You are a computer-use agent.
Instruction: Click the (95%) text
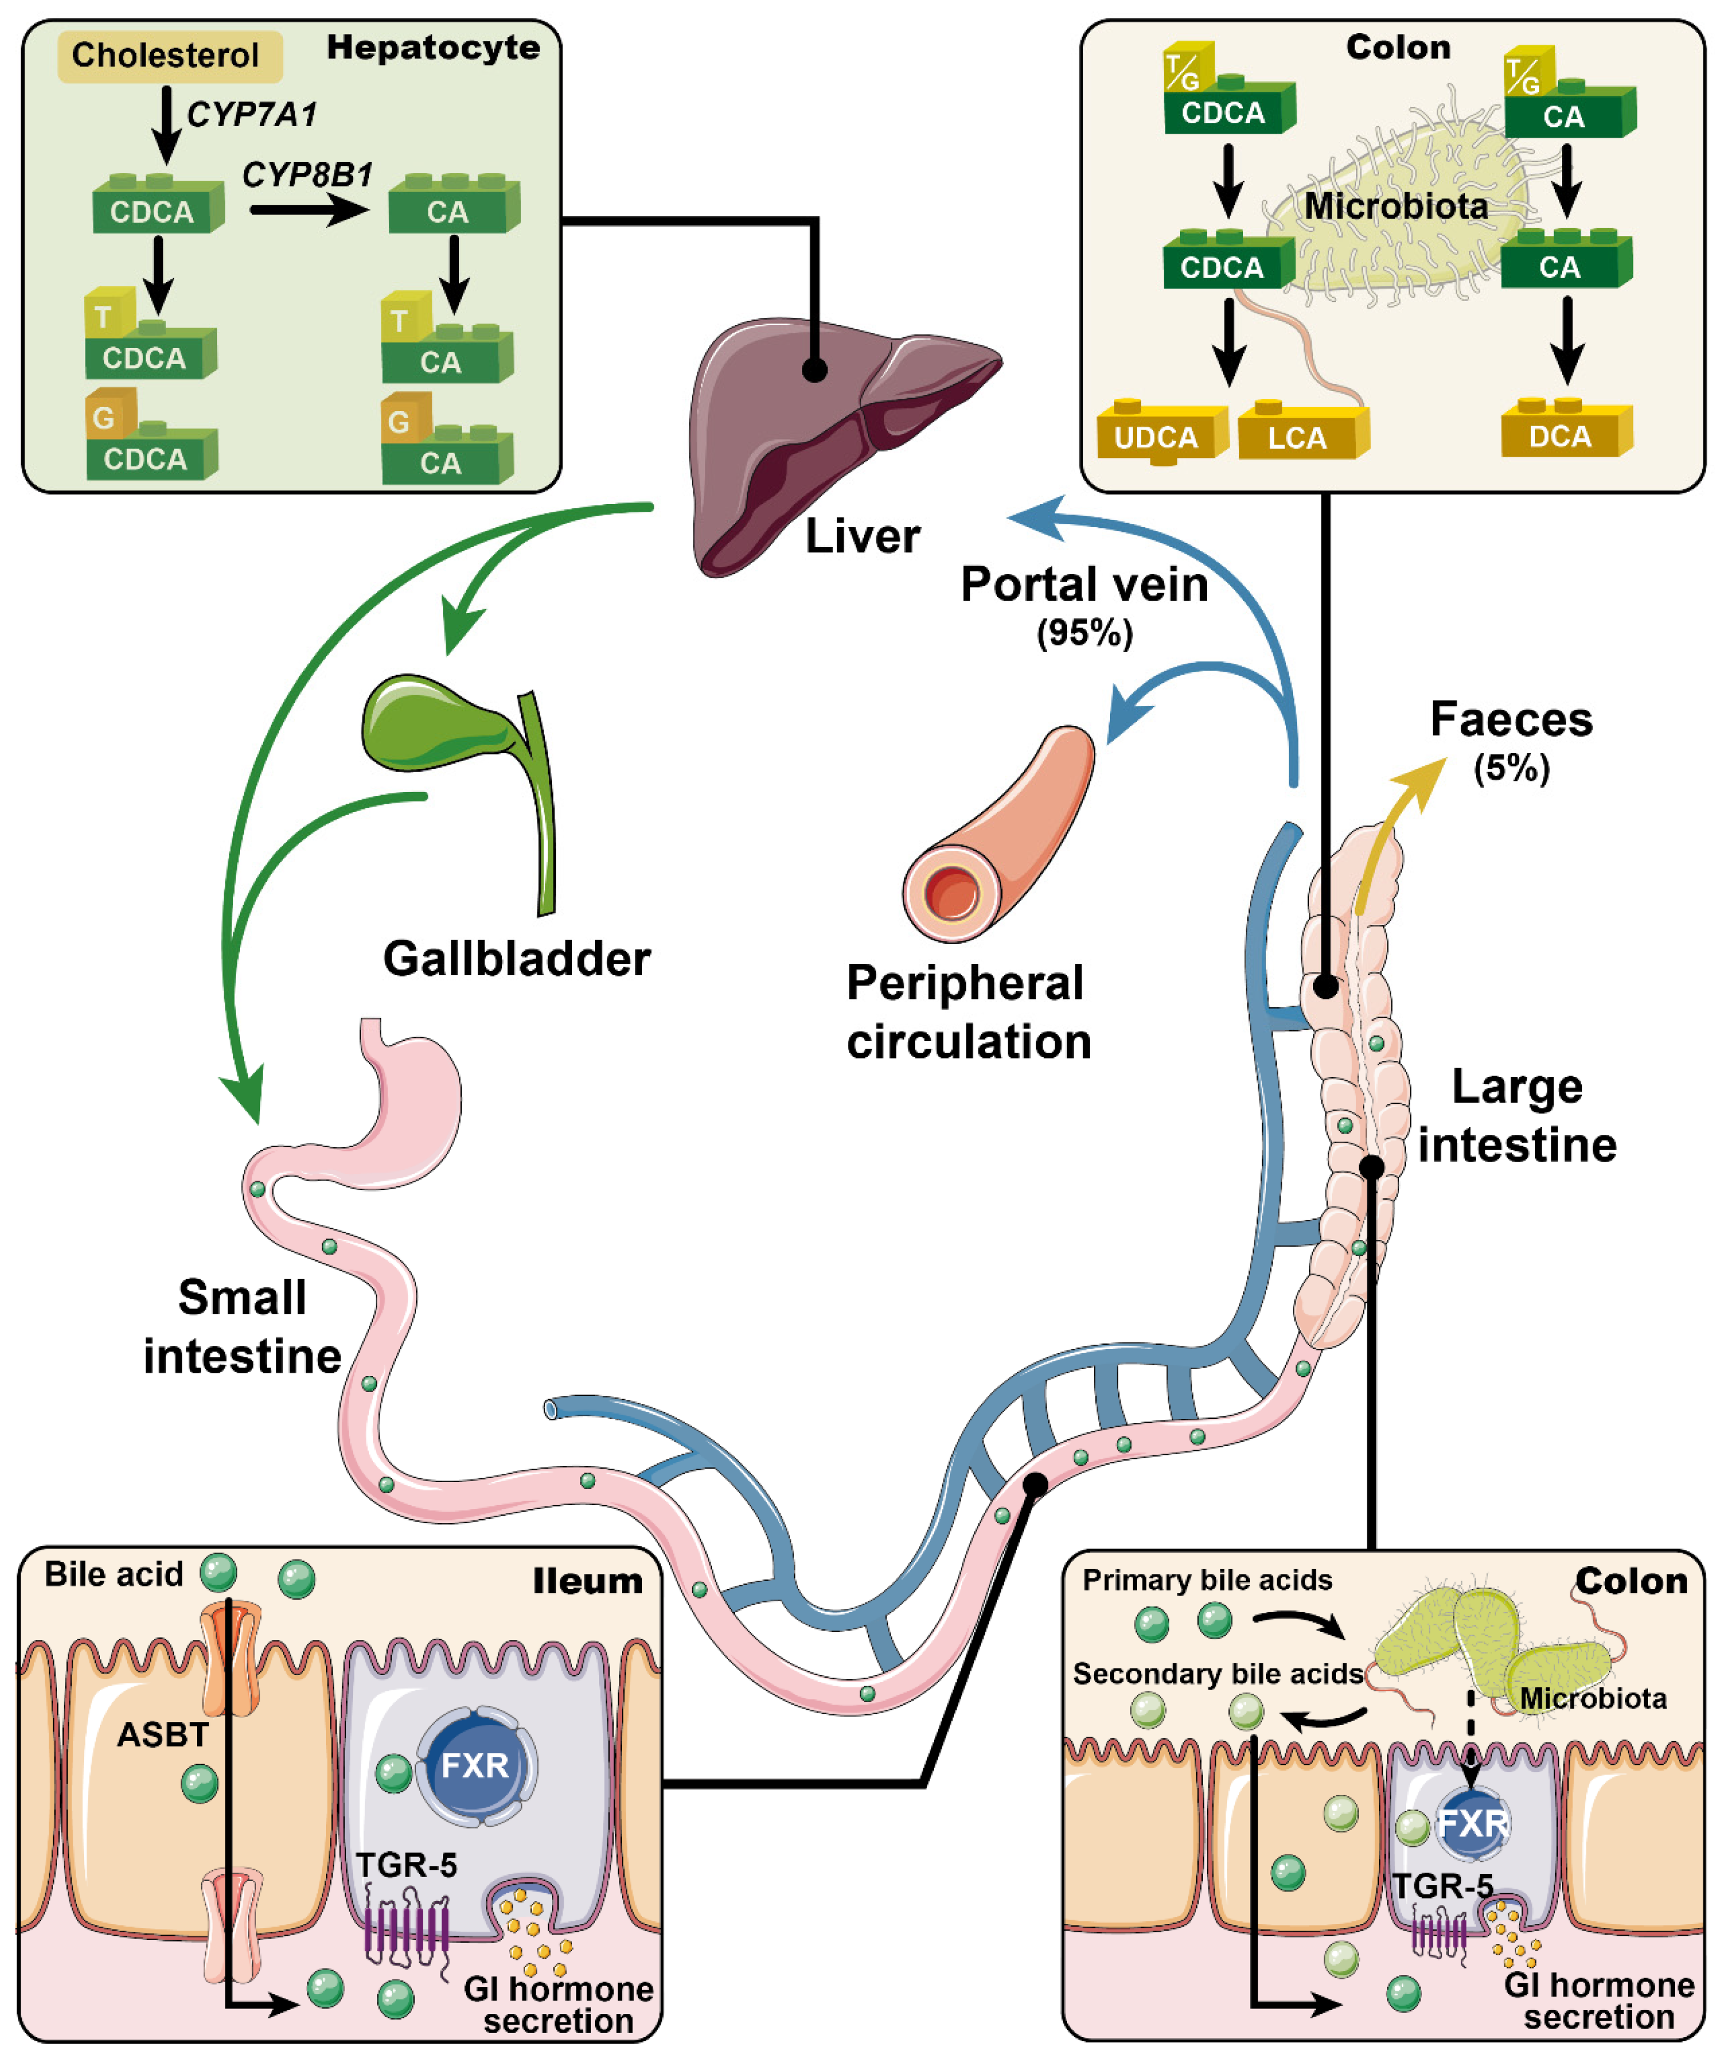1084,633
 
